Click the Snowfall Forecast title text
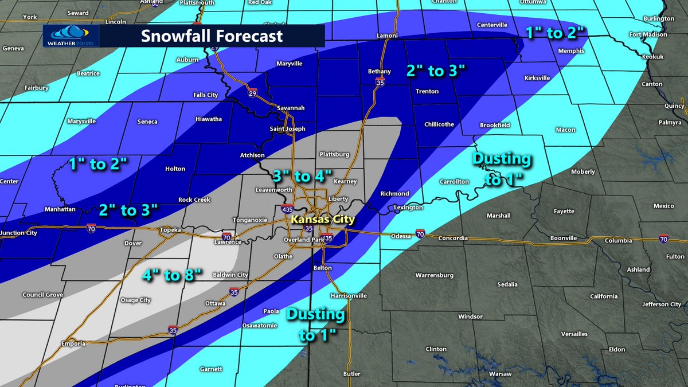point(212,36)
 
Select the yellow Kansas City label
point(323,220)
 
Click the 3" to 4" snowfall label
point(302,175)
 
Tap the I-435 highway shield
point(288,209)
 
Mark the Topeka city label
point(170,230)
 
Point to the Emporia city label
point(73,344)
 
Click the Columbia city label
point(618,241)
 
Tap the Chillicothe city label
point(439,124)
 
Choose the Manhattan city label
point(61,209)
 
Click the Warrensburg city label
point(434,275)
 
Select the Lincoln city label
point(116,22)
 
